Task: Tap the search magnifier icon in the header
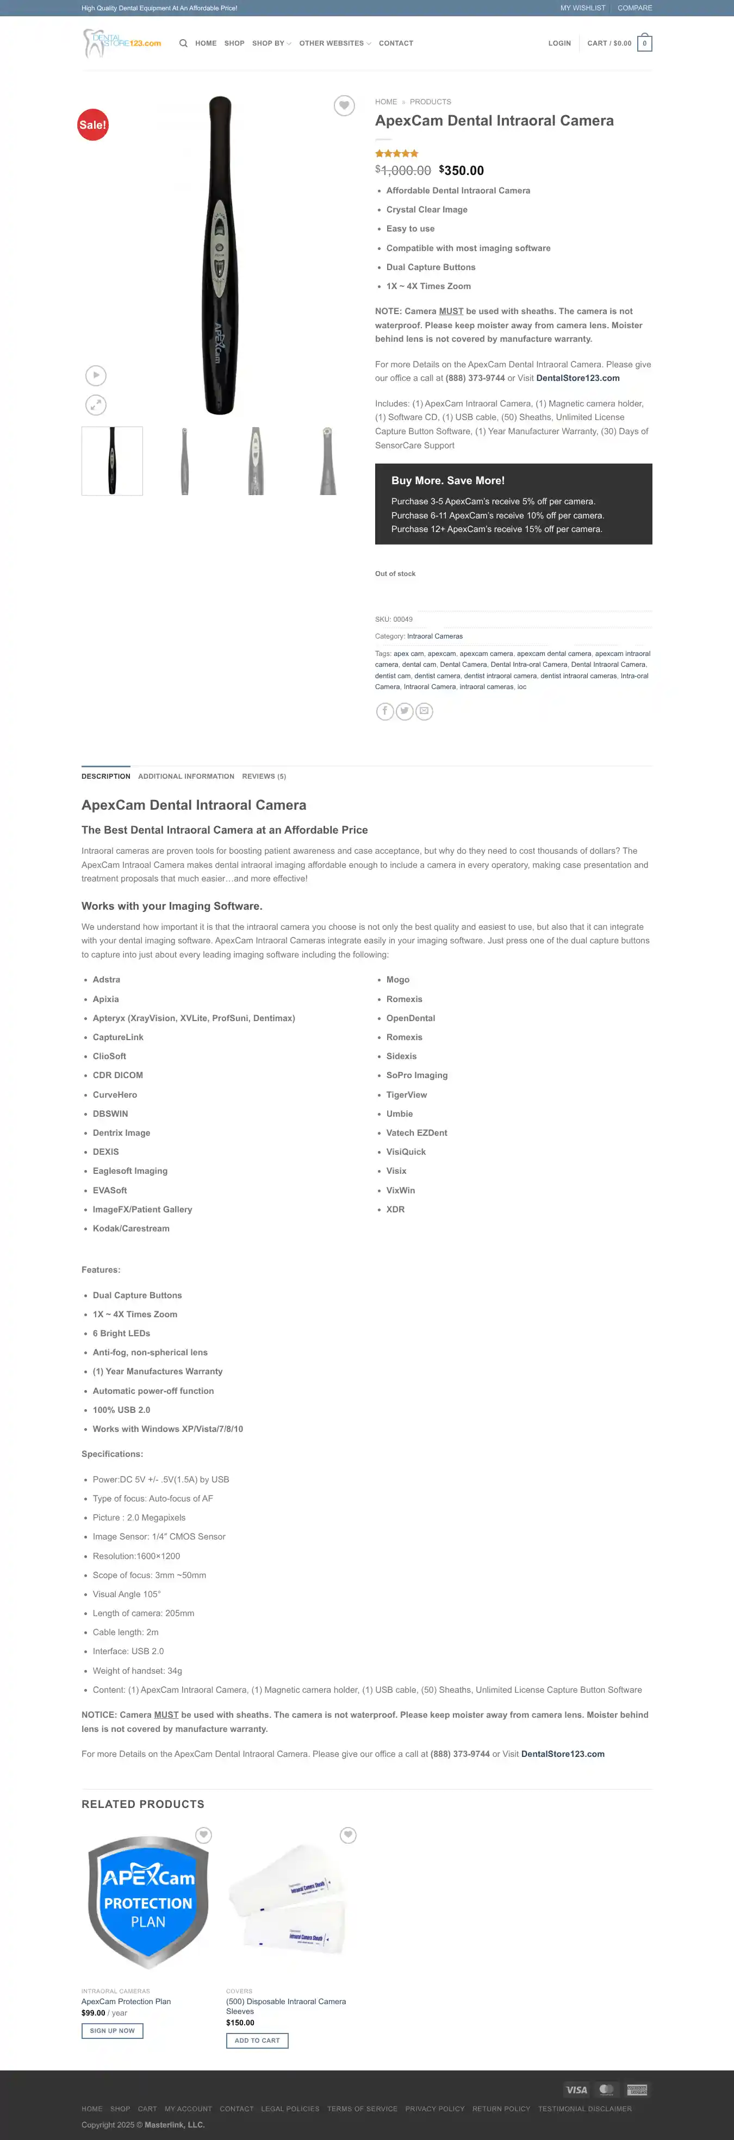pyautogui.click(x=183, y=43)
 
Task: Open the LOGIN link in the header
pyautogui.click(x=559, y=43)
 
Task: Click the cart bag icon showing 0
pyautogui.click(x=644, y=43)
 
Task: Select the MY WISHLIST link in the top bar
pyautogui.click(x=583, y=8)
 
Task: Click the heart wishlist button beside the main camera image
pyautogui.click(x=344, y=105)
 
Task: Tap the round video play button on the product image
pyautogui.click(x=96, y=376)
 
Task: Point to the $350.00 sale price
pyautogui.click(x=462, y=170)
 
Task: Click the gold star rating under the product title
pyautogui.click(x=396, y=154)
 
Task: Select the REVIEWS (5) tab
pyautogui.click(x=264, y=777)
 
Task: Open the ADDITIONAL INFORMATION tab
pyautogui.click(x=186, y=777)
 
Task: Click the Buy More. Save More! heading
pyautogui.click(x=448, y=480)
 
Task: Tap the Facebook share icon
pyautogui.click(x=385, y=711)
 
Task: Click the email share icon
pyautogui.click(x=424, y=711)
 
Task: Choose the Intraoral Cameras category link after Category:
pyautogui.click(x=435, y=636)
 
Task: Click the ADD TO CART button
pyautogui.click(x=257, y=2041)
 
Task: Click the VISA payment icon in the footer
pyautogui.click(x=577, y=2089)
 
